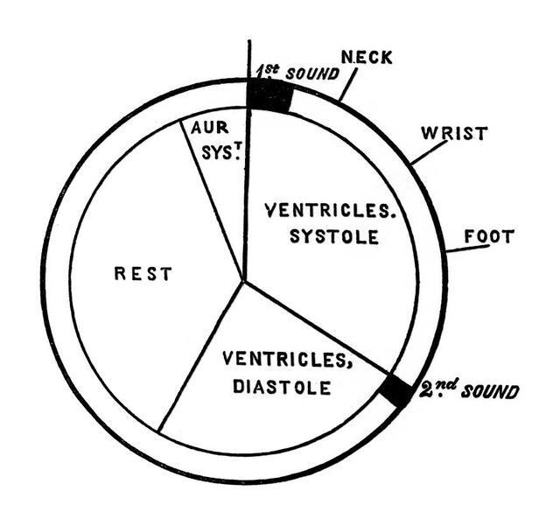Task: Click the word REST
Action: (143, 274)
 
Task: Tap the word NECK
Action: (367, 58)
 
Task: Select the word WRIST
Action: (454, 134)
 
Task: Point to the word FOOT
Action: (488, 235)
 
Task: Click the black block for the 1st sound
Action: (269, 95)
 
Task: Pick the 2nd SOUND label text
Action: (468, 389)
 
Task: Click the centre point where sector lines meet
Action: (244, 281)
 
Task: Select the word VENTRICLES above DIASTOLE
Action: (276, 358)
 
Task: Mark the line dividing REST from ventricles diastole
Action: (201, 354)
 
